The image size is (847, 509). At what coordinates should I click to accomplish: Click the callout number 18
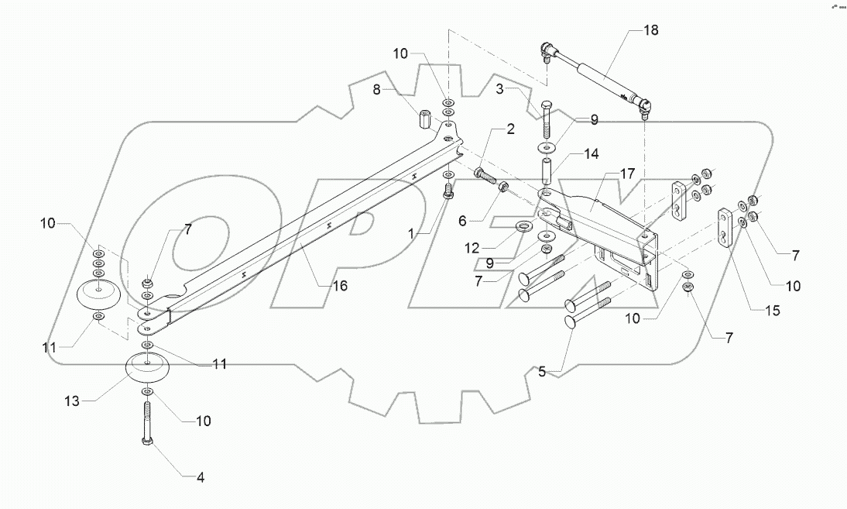click(x=651, y=31)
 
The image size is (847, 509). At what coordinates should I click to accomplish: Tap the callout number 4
click(x=200, y=478)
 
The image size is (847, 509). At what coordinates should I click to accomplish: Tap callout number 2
click(x=509, y=129)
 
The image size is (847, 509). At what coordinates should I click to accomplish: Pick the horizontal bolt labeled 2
click(x=485, y=175)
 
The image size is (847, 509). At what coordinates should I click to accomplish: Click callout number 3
click(x=502, y=91)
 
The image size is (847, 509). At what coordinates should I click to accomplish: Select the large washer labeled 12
click(x=523, y=227)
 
